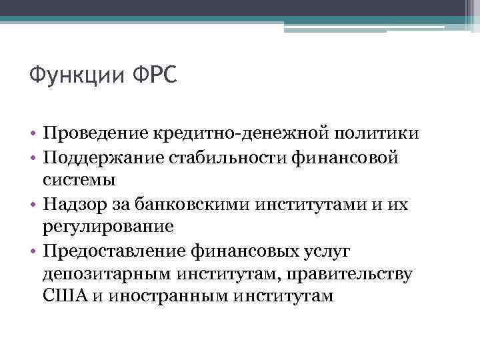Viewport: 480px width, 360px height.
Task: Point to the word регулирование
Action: pyautogui.click(x=107, y=225)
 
